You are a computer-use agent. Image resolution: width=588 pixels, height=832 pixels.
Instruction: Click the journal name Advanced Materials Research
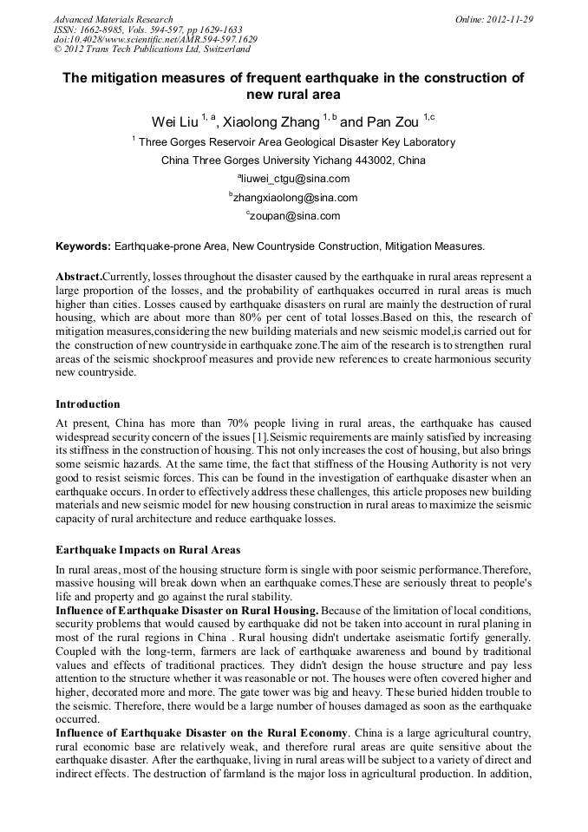[x=113, y=19]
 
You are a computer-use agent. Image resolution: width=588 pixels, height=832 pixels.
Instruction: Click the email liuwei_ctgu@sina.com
[x=295, y=180]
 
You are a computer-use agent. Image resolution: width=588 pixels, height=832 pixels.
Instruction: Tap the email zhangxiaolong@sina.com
[x=295, y=198]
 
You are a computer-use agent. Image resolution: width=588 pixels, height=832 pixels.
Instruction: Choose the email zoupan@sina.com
[x=295, y=216]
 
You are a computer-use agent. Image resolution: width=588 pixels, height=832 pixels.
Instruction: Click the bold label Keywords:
[x=83, y=246]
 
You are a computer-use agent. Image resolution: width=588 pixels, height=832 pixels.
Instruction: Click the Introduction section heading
[x=88, y=403]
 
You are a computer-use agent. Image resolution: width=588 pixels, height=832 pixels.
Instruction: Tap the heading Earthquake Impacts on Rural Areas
[x=148, y=550]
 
